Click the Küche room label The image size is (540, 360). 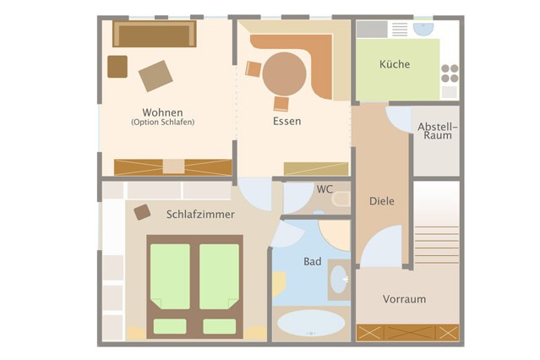point(395,64)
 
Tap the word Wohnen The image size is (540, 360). point(162,112)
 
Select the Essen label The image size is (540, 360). point(286,121)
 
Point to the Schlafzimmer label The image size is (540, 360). point(200,215)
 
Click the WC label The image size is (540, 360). point(325,189)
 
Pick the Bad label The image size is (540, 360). point(313,261)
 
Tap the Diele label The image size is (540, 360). point(382,201)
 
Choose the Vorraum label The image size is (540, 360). point(404,299)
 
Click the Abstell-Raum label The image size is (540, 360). point(438,131)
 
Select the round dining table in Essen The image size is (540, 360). point(284,74)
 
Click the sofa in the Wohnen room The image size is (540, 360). point(155,34)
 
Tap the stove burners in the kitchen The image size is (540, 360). point(450,74)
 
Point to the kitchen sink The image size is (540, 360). point(423,29)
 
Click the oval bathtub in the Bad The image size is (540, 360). point(311,323)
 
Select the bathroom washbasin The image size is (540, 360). point(339,280)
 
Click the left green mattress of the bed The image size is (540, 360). point(170,276)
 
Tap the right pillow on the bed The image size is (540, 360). point(220,326)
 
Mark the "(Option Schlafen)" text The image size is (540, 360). point(162,122)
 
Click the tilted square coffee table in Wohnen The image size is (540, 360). point(155,76)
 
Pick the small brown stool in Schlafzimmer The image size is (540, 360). point(142,212)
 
